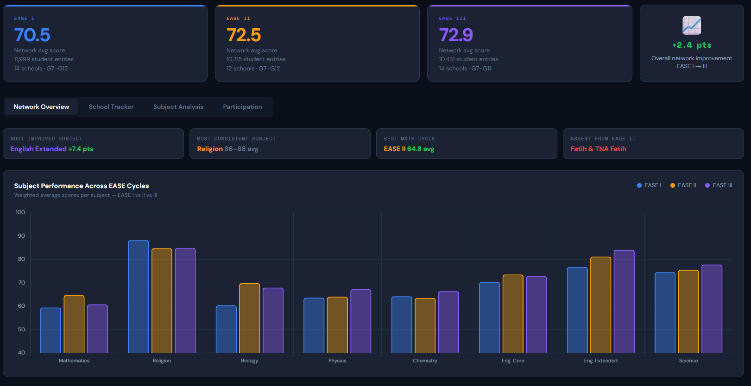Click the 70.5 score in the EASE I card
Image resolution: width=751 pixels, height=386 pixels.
coord(32,35)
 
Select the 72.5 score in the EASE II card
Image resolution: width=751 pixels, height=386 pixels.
coord(244,35)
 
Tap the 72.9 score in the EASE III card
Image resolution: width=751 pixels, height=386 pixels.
coord(456,35)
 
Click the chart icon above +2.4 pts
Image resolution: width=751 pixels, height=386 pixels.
coord(691,25)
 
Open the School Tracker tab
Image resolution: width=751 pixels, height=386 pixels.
coord(111,107)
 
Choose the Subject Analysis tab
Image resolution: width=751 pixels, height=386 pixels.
coord(178,107)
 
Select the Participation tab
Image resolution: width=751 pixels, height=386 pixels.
coord(242,107)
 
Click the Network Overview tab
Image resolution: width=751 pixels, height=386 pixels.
coord(41,107)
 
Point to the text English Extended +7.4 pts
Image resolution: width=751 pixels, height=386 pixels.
coord(52,149)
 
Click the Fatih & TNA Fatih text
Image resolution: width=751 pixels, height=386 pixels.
coord(598,149)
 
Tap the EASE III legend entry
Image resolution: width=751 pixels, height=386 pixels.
coord(719,185)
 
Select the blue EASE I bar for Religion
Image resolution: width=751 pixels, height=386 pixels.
coord(138,297)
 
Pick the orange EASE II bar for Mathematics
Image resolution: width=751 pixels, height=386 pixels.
coord(74,324)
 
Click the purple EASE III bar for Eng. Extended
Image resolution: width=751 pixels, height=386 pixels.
coord(624,301)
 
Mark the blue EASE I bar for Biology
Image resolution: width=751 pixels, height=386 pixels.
coord(226,329)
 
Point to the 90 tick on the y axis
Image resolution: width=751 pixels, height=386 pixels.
coord(21,236)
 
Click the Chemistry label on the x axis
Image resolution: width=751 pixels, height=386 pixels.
coord(425,361)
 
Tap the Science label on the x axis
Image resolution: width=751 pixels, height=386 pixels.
coord(688,361)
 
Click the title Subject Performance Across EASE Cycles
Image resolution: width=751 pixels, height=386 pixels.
coord(81,186)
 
